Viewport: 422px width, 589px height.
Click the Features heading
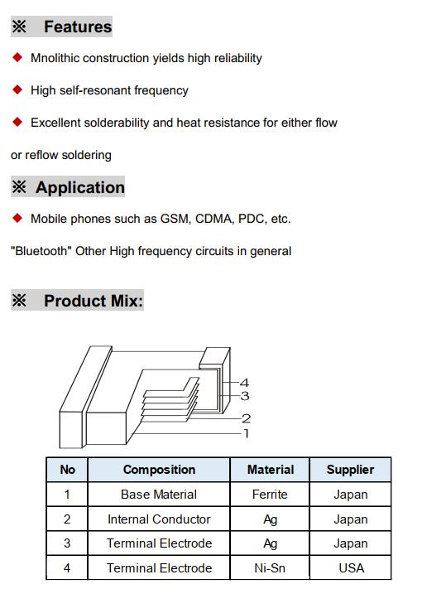click(x=78, y=27)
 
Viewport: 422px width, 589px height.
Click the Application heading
click(x=80, y=187)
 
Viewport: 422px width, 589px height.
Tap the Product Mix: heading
click(x=94, y=301)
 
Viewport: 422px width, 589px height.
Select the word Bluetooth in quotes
click(x=41, y=250)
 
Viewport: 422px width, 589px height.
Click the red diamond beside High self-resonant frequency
click(x=17, y=89)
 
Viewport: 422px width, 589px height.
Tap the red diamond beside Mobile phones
click(x=17, y=218)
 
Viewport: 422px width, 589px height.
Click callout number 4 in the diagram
click(x=245, y=383)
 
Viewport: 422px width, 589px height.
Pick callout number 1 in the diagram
click(x=246, y=433)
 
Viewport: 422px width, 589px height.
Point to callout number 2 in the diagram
click(x=246, y=418)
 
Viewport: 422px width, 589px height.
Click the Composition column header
click(x=159, y=470)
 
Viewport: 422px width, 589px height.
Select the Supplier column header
click(x=350, y=470)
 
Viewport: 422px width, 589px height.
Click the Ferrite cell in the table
click(x=270, y=495)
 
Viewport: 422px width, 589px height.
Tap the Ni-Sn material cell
click(x=270, y=568)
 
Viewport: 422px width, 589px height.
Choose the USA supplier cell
click(x=351, y=568)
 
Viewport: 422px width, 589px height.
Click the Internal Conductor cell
click(x=159, y=519)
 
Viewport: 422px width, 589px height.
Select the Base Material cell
click(x=159, y=495)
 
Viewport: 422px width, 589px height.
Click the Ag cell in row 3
click(x=270, y=543)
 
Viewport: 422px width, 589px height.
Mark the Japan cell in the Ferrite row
click(x=351, y=495)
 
